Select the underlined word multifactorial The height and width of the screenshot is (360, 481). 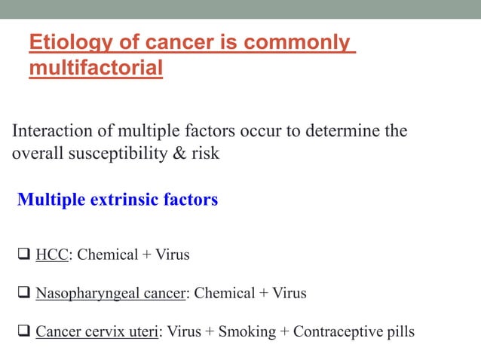pos(96,69)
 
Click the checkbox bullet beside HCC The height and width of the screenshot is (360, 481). pos(23,255)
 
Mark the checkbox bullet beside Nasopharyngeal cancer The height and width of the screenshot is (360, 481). pos(23,294)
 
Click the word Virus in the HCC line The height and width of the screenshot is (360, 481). pos(173,255)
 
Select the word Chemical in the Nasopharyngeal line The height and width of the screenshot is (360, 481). pos(224,293)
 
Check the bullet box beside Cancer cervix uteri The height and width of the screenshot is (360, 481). pos(23,332)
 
